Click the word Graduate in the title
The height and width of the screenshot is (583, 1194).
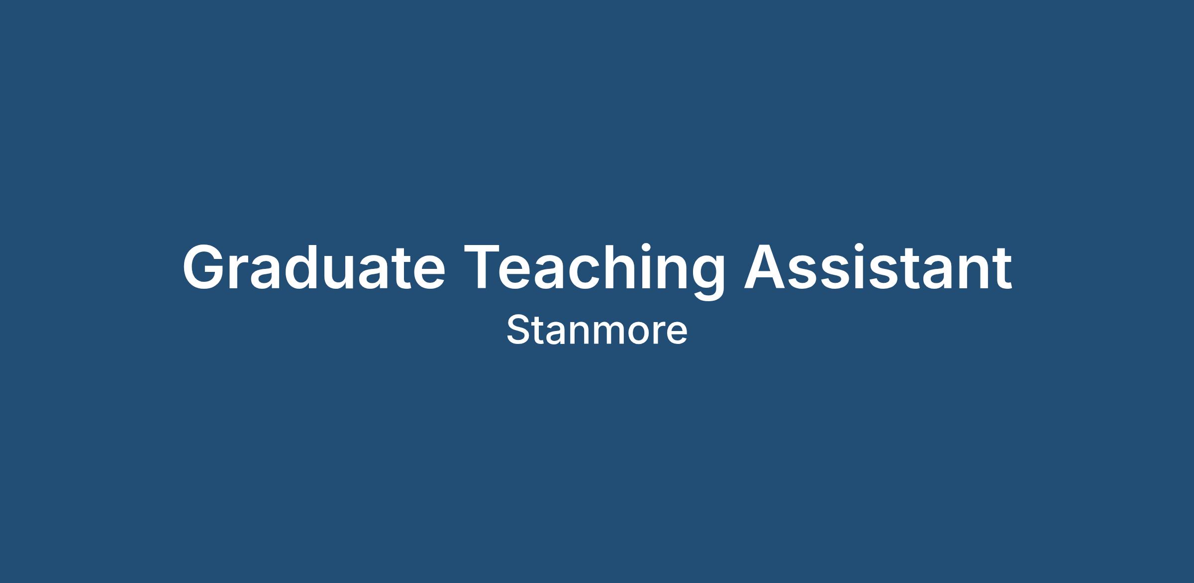314,267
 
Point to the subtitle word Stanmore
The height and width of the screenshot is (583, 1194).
597,330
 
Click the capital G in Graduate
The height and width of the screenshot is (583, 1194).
204,266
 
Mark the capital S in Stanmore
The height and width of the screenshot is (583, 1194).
517,330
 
